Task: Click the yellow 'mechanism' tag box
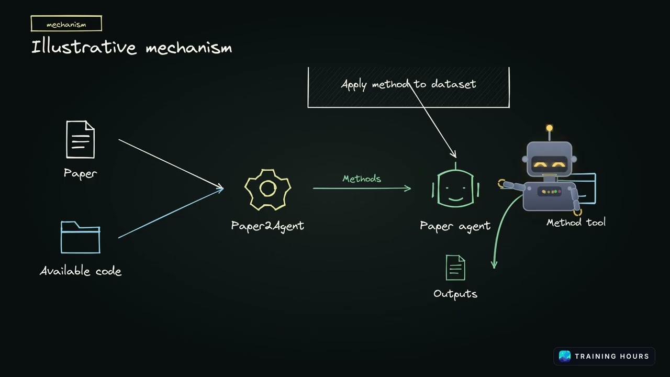tap(66, 24)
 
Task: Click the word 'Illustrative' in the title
tap(84, 47)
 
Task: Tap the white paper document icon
tap(80, 139)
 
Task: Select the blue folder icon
tap(81, 237)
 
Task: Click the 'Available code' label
tap(81, 271)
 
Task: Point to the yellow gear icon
tap(267, 190)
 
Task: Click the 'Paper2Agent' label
tap(267, 226)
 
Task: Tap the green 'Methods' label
tap(362, 179)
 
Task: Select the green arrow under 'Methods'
tap(362, 188)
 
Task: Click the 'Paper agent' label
tap(455, 226)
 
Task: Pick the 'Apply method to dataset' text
tap(409, 84)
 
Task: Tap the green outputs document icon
tap(455, 268)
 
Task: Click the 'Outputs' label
tap(455, 294)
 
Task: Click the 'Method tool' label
tap(576, 223)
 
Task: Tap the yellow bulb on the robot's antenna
tap(550, 128)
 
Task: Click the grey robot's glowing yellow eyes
tap(550, 164)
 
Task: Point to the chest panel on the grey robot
tap(550, 192)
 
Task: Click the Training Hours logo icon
tap(565, 357)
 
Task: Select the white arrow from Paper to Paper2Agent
tap(171, 164)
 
